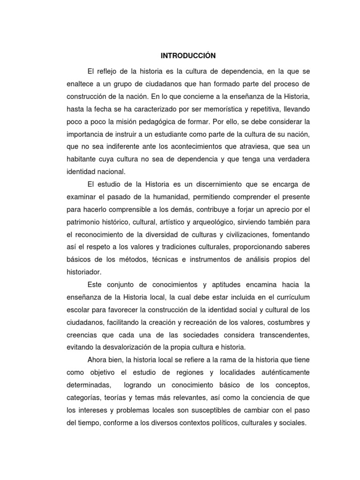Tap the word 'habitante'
73,159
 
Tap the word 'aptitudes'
219,285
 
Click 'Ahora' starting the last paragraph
97,360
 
